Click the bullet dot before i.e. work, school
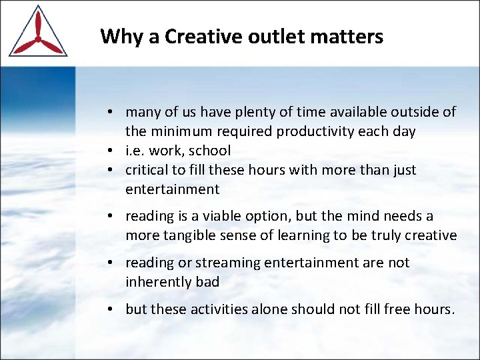pyautogui.click(x=115, y=151)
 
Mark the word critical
pyautogui.click(x=148, y=170)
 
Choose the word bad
pyautogui.click(x=207, y=282)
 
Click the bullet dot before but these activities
pyautogui.click(x=115, y=309)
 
